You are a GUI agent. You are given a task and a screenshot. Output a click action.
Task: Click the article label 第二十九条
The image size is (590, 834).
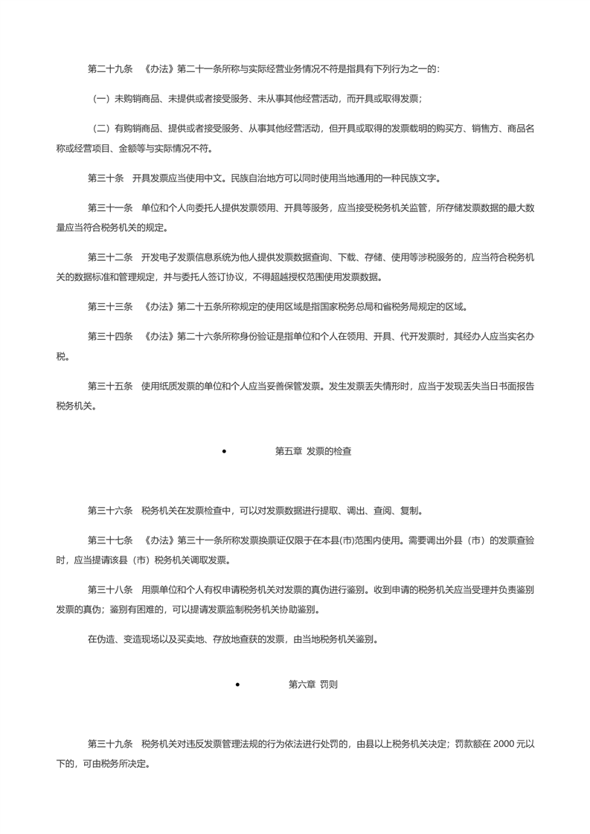click(x=110, y=69)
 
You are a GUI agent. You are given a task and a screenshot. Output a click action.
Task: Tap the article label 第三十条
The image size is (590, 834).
click(x=106, y=178)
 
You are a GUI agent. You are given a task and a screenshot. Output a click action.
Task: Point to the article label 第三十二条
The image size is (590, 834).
click(x=110, y=258)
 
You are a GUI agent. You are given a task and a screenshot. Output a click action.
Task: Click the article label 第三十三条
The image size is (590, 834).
click(x=110, y=307)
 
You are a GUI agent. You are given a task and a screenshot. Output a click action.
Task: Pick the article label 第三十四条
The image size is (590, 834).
click(x=110, y=337)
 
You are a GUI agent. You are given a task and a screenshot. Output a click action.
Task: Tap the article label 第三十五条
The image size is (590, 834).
click(x=110, y=386)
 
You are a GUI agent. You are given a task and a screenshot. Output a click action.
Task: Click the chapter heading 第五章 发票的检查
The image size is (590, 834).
click(x=313, y=450)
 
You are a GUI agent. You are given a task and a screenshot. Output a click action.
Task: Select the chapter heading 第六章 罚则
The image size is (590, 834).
click(x=313, y=685)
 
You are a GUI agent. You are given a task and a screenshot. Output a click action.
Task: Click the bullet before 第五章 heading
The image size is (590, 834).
click(x=224, y=451)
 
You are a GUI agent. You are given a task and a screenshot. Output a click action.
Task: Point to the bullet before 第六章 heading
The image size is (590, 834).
click(x=237, y=685)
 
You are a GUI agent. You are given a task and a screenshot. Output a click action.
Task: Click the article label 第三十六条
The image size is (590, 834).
click(x=110, y=511)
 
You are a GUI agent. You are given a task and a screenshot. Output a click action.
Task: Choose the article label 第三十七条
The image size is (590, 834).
click(x=110, y=540)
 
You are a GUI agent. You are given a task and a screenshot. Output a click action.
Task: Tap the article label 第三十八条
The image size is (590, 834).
click(x=110, y=589)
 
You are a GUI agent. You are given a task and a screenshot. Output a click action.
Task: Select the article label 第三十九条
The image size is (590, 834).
click(x=110, y=743)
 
